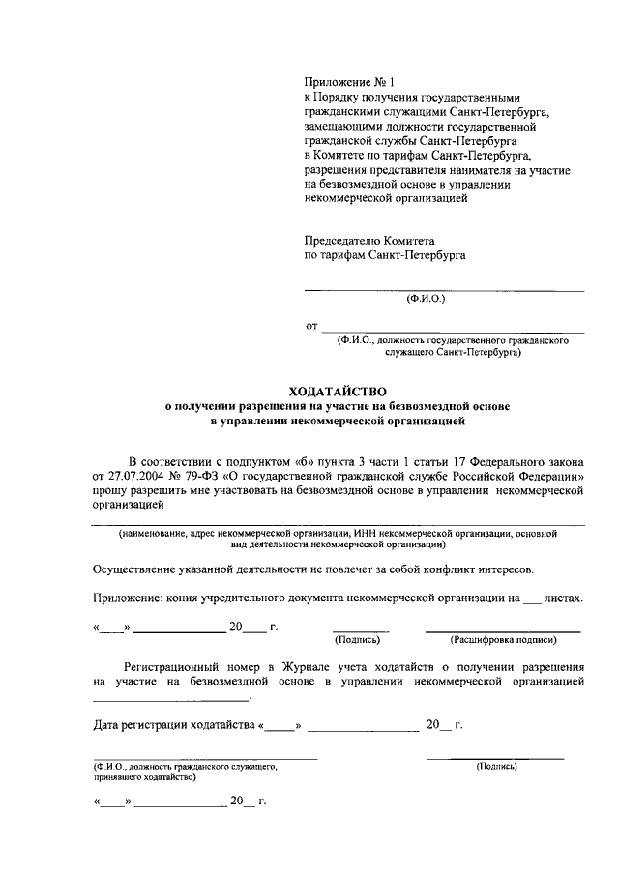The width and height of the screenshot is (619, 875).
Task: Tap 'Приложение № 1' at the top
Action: coord(343,83)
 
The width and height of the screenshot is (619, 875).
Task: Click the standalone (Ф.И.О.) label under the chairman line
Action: coord(426,300)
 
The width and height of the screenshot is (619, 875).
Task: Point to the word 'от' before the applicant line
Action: coord(311,327)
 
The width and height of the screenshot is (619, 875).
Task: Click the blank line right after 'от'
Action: coord(453,331)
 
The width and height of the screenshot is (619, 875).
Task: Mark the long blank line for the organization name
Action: coord(338,523)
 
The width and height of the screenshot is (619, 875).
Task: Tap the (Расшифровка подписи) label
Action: coord(503,640)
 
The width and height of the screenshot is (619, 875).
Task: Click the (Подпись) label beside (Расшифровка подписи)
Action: coord(359,640)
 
